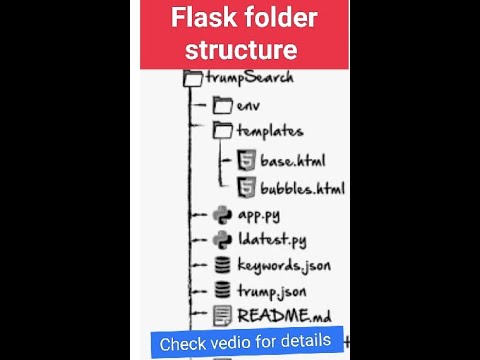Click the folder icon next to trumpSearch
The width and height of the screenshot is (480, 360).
point(194,78)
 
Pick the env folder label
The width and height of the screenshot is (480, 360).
point(248,105)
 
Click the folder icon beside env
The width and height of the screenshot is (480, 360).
point(222,105)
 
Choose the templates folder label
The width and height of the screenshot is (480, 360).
point(269,130)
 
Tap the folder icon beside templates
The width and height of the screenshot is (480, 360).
point(222,130)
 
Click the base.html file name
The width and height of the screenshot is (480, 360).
point(292,160)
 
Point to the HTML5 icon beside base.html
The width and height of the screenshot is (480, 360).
point(245,160)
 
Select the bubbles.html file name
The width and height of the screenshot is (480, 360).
point(303,187)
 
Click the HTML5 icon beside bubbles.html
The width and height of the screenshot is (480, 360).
point(245,187)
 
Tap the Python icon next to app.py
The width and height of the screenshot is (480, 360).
point(222,214)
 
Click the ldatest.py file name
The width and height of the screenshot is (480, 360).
point(271,239)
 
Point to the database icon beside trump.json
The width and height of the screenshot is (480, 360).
point(222,291)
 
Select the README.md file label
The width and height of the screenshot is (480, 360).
point(283,317)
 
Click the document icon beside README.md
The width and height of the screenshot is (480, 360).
point(222,317)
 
